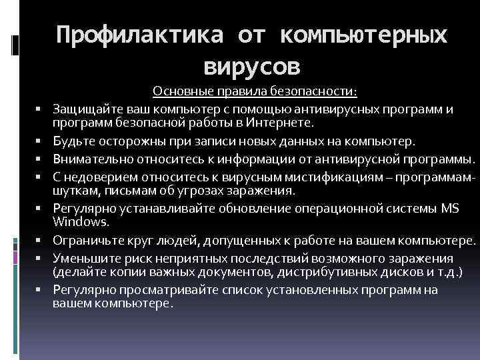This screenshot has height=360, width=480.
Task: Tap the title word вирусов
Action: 253,67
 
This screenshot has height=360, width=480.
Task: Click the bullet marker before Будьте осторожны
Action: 41,142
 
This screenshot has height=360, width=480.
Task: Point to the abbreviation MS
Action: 450,207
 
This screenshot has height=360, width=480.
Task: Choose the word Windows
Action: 75,221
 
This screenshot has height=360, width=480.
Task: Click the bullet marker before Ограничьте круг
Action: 41,239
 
